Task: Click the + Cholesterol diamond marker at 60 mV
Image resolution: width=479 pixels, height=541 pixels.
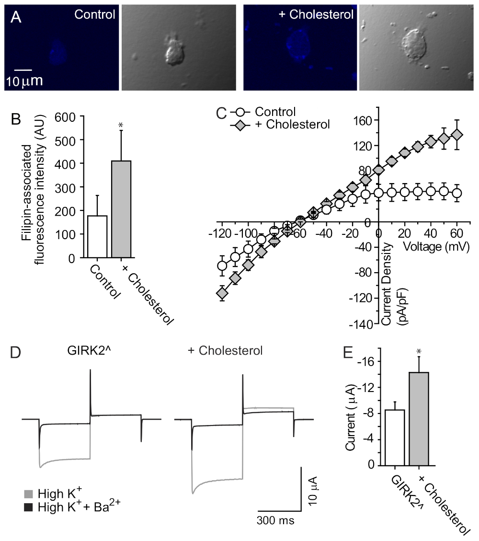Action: (457, 135)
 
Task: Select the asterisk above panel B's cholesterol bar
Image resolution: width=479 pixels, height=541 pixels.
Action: (121, 126)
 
